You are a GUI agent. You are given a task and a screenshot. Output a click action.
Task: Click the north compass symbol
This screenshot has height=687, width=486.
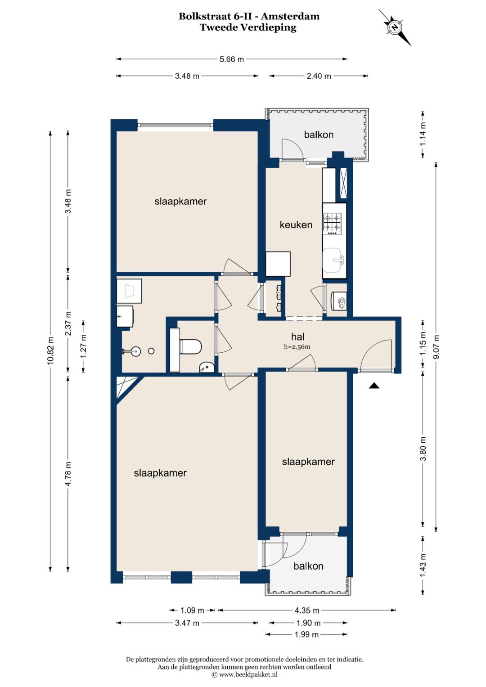(x=395, y=27)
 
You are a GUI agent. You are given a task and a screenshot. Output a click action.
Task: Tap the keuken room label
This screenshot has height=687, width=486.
(x=296, y=225)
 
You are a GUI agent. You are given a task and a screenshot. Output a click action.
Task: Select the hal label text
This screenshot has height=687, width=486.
(x=297, y=337)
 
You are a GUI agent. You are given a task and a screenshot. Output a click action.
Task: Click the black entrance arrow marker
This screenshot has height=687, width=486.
(x=374, y=386)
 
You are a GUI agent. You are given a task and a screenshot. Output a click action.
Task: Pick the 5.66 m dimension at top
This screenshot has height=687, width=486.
(x=232, y=59)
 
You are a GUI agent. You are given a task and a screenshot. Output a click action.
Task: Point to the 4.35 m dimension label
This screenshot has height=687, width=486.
(x=307, y=611)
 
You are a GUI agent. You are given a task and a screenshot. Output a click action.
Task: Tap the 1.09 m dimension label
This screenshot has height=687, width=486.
(x=192, y=611)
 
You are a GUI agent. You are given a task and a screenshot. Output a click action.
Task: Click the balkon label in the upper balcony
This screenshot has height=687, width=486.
(x=319, y=135)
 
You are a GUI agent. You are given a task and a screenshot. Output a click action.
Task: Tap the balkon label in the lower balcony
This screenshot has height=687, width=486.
(x=308, y=566)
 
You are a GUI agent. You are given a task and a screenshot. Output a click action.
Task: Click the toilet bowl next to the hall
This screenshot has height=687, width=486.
(x=190, y=346)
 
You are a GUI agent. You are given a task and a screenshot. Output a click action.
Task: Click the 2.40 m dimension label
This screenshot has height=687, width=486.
(x=319, y=76)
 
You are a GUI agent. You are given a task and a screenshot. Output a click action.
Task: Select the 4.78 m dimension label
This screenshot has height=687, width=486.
(x=68, y=474)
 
